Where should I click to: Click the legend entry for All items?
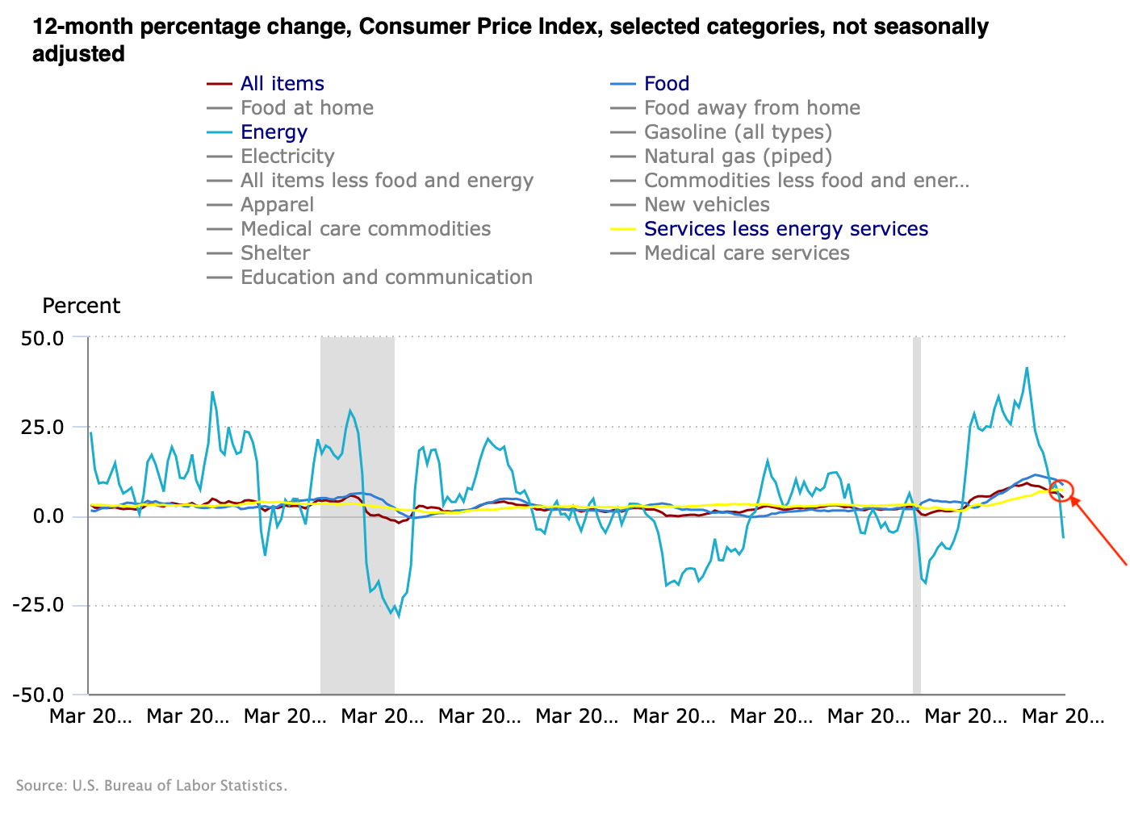click(x=282, y=84)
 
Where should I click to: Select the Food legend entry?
click(x=666, y=84)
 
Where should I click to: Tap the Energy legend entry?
click(x=274, y=132)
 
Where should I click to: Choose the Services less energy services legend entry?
click(x=785, y=229)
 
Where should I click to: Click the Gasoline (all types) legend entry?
click(x=737, y=132)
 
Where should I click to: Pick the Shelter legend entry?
click(x=274, y=253)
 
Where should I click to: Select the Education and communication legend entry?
click(x=386, y=278)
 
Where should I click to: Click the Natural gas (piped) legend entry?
click(x=737, y=157)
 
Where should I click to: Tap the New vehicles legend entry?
click(x=706, y=205)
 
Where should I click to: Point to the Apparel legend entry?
click(x=277, y=205)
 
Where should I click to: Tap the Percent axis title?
click(x=81, y=306)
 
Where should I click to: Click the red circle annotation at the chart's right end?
click(x=1061, y=489)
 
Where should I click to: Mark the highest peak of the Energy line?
click(x=1027, y=368)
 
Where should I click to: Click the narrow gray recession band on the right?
click(x=917, y=516)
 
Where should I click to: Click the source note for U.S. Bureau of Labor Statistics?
click(x=152, y=786)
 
